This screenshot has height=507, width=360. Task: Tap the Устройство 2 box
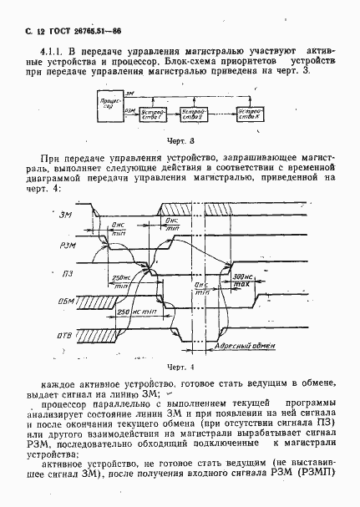pyautogui.click(x=197, y=114)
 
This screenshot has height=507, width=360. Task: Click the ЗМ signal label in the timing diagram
pyautogui.click(x=68, y=216)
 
